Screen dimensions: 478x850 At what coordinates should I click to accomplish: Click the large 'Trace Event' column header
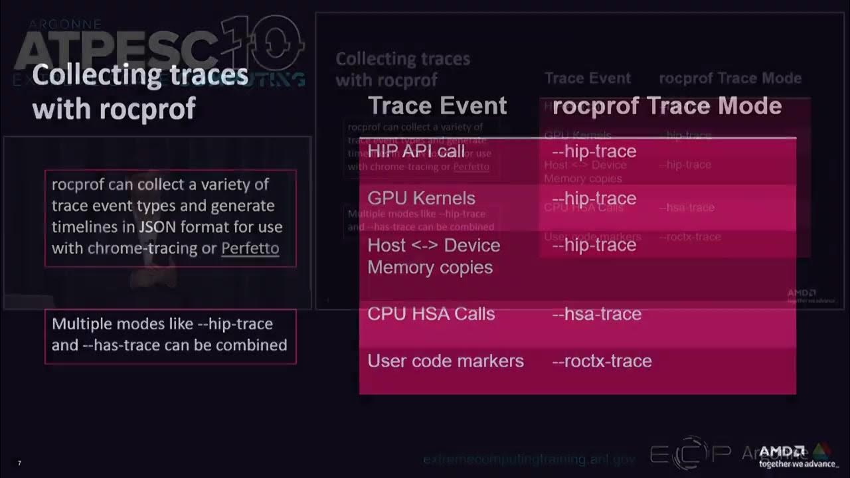tap(437, 106)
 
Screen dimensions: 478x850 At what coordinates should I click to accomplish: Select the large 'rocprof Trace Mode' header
tap(667, 106)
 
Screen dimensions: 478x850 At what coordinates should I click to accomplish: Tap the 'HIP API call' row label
tap(416, 151)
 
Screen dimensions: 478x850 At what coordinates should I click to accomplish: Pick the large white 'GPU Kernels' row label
tap(421, 198)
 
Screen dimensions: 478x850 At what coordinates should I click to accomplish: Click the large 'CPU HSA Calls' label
tap(431, 314)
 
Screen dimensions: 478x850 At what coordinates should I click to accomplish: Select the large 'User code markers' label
tap(446, 361)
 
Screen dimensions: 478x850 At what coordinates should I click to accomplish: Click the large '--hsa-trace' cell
tap(596, 314)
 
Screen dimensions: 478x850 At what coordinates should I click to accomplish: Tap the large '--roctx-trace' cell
tap(602, 361)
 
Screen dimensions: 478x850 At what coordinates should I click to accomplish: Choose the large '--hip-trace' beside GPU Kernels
tap(594, 198)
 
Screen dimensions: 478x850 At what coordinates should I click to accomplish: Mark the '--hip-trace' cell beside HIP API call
tap(594, 151)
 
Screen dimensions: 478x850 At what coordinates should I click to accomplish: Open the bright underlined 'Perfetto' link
tap(250, 248)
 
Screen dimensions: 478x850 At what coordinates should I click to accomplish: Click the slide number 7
tap(19, 463)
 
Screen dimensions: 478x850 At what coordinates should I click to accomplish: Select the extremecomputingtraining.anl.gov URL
tap(529, 459)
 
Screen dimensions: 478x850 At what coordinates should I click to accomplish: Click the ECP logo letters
tap(690, 453)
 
